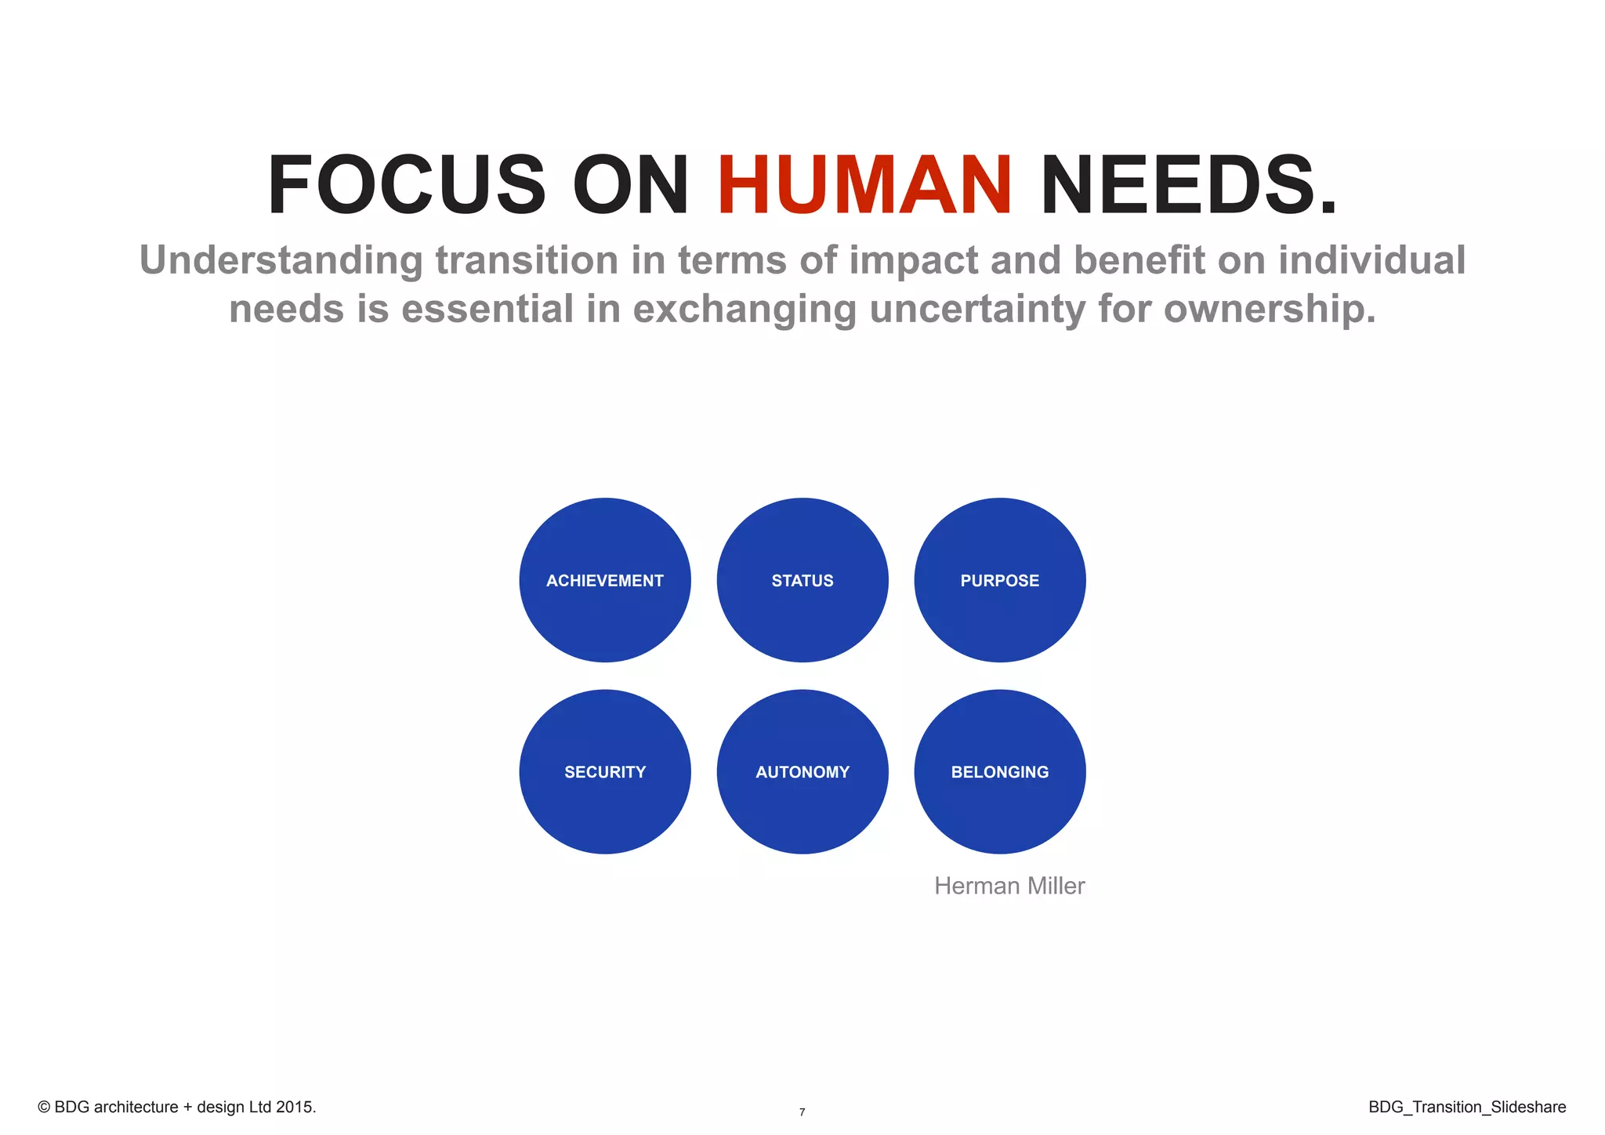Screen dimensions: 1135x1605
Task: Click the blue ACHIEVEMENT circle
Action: [x=604, y=580]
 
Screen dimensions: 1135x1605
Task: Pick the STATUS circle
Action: [x=802, y=580]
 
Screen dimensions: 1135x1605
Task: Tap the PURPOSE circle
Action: [x=1000, y=580]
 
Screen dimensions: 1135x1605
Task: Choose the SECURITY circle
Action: [x=604, y=772]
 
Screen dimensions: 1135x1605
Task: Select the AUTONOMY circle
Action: [x=802, y=772]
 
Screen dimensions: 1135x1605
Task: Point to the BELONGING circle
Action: [x=1000, y=772]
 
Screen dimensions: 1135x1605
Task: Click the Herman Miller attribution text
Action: [x=1009, y=886]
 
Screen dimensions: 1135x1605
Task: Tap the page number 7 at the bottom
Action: [x=802, y=1112]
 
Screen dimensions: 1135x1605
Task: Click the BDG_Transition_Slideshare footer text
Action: [x=1467, y=1107]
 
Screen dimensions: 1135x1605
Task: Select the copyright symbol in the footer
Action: [x=44, y=1107]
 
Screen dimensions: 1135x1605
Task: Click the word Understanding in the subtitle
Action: [x=281, y=260]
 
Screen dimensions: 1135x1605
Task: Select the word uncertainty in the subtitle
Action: [x=977, y=308]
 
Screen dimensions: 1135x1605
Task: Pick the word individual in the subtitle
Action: [x=1371, y=260]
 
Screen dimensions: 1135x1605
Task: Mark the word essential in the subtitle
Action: [x=487, y=308]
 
